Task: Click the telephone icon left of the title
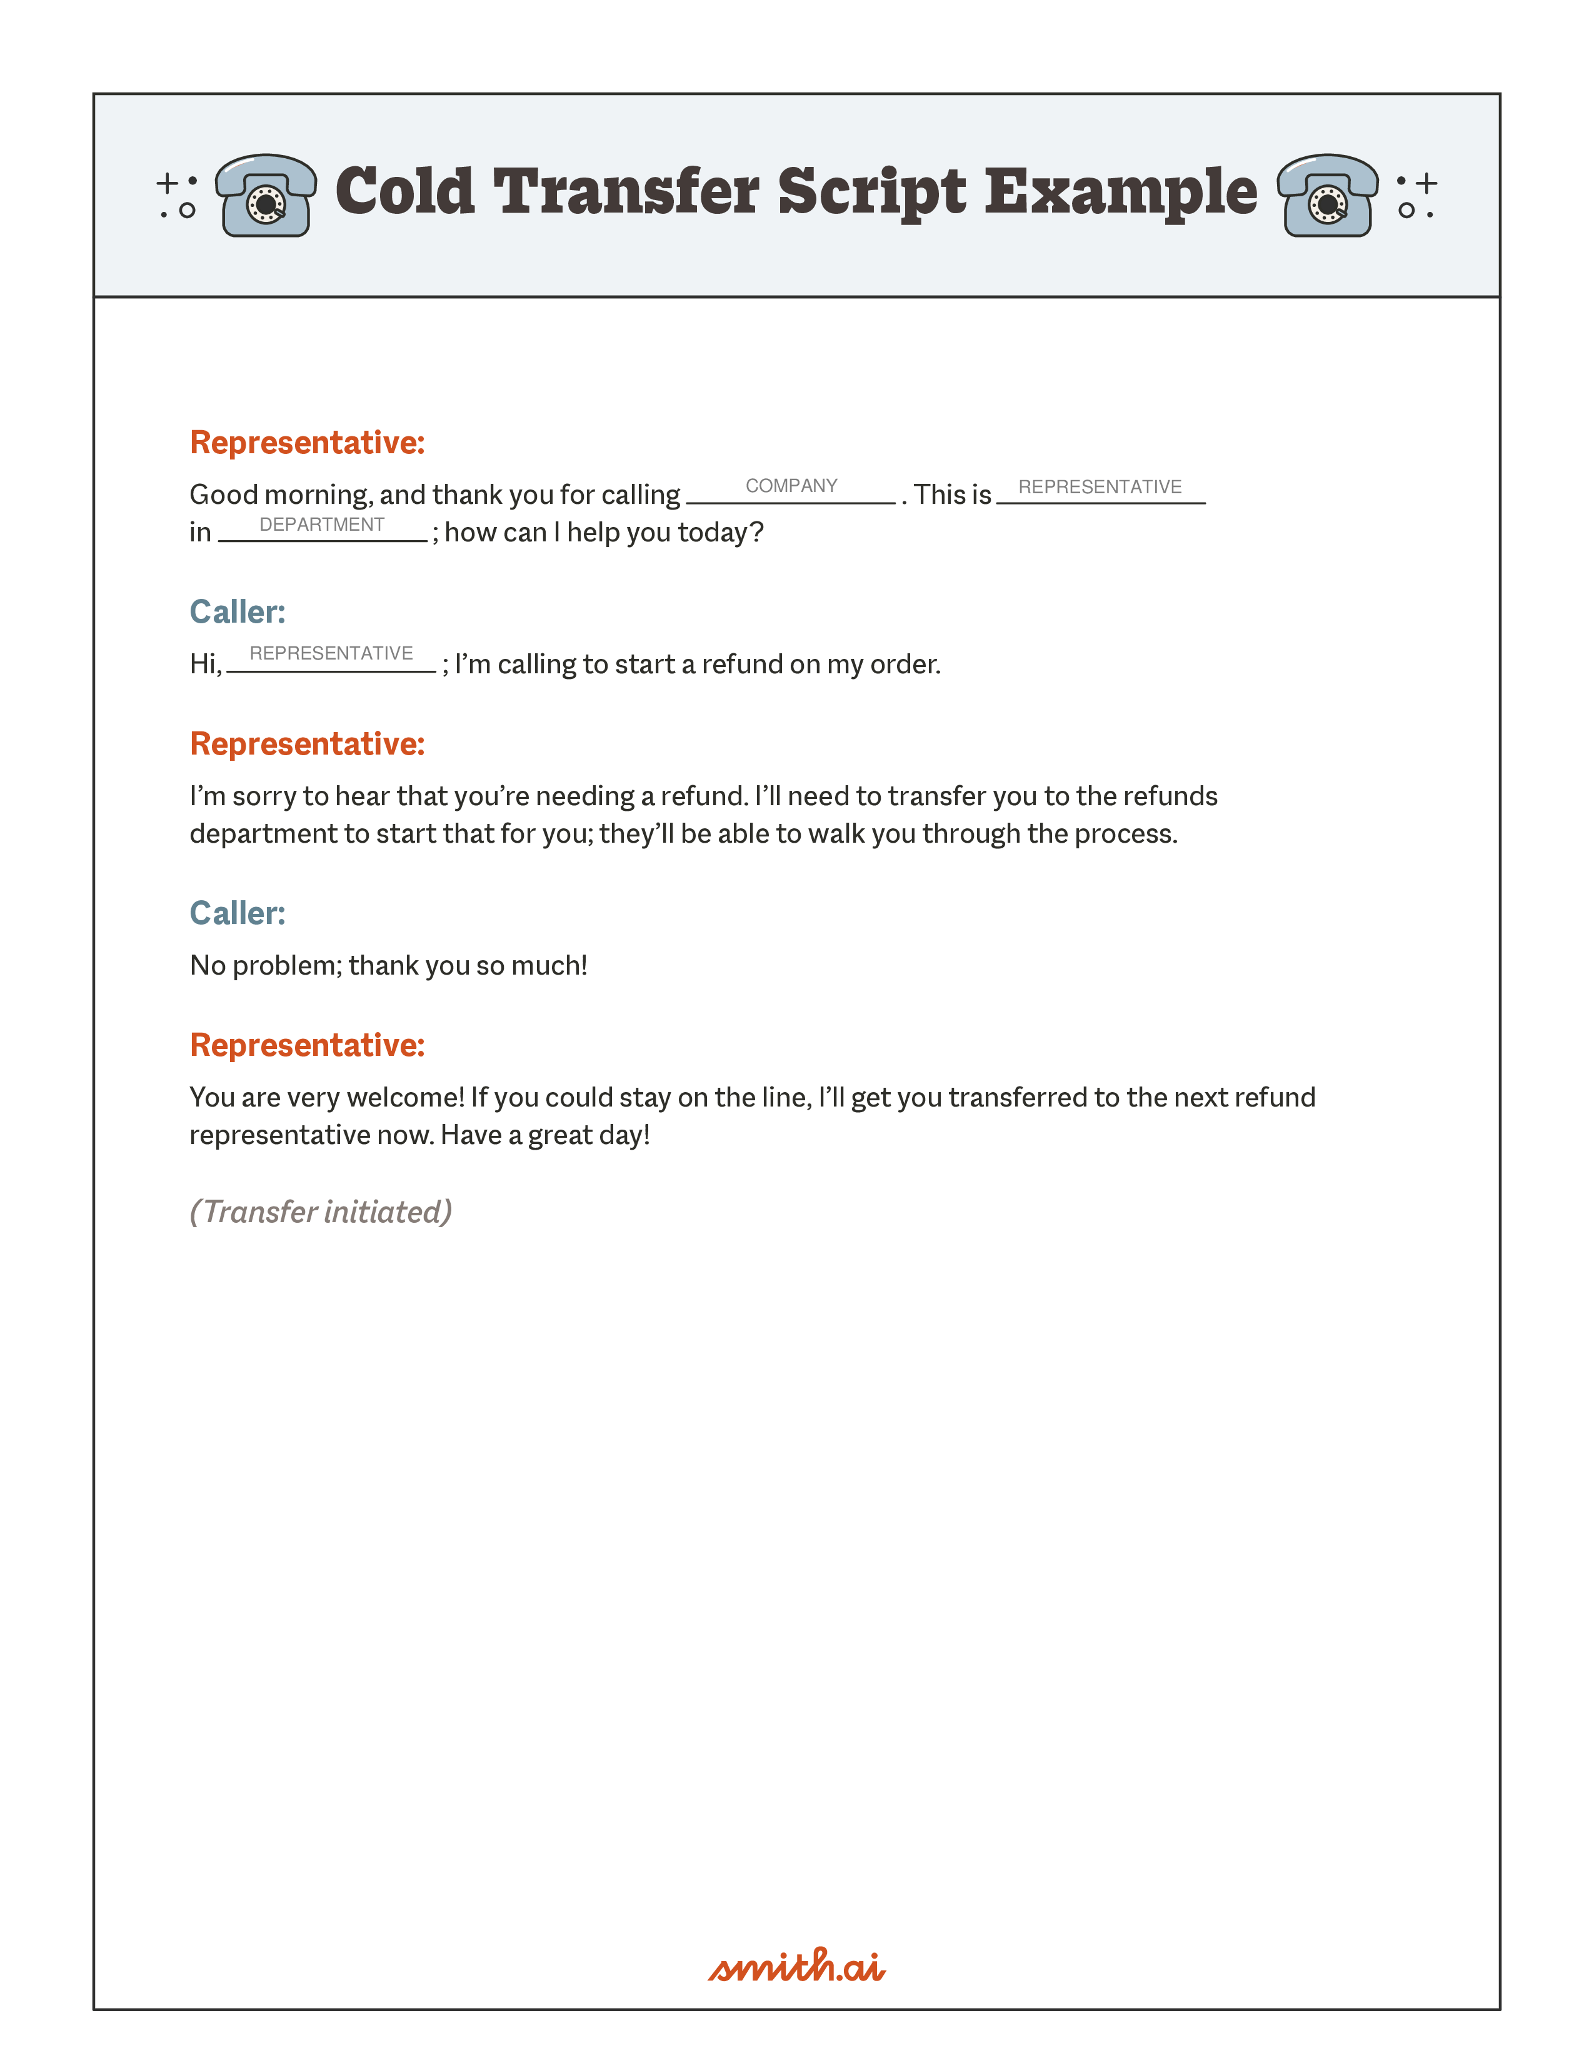[265, 196]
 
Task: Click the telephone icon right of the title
[1326, 196]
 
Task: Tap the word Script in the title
[871, 193]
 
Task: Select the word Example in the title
[1121, 193]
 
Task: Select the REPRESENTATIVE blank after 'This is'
[1100, 488]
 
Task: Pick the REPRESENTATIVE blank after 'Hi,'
[331, 655]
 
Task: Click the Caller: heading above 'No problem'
[237, 913]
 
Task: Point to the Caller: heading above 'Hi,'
[237, 612]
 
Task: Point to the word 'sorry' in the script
[263, 796]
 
